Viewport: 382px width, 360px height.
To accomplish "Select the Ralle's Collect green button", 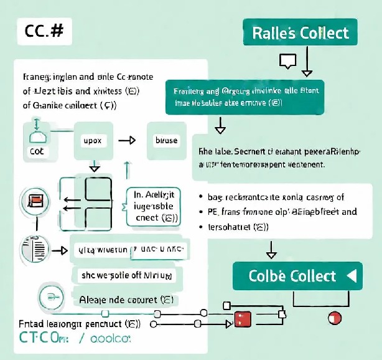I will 300,33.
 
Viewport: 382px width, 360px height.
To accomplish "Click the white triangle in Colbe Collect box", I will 352,275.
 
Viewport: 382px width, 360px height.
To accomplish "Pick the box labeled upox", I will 92,141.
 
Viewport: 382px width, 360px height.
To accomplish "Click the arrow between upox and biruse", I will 127,141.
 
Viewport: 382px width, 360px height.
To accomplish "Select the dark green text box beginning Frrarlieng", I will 246,97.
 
